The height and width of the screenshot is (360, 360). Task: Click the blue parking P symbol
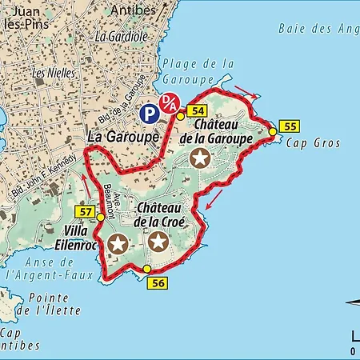click(x=148, y=114)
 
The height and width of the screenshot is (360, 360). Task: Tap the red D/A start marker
click(x=169, y=103)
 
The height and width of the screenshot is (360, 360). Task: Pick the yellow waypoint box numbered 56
click(x=157, y=283)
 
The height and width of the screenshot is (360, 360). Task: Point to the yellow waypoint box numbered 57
click(x=86, y=211)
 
